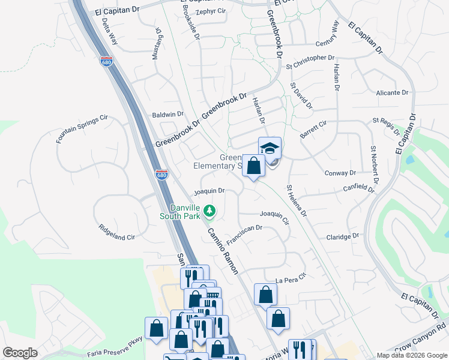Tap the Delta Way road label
[109, 32]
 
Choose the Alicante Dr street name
[393, 93]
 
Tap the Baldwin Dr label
[168, 114]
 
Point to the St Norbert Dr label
[375, 164]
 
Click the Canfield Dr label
[359, 190]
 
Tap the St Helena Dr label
[297, 201]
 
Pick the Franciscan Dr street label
[245, 232]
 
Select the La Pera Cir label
[291, 279]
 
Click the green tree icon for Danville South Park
[209, 211]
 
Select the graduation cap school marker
[270, 148]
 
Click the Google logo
[20, 353]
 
